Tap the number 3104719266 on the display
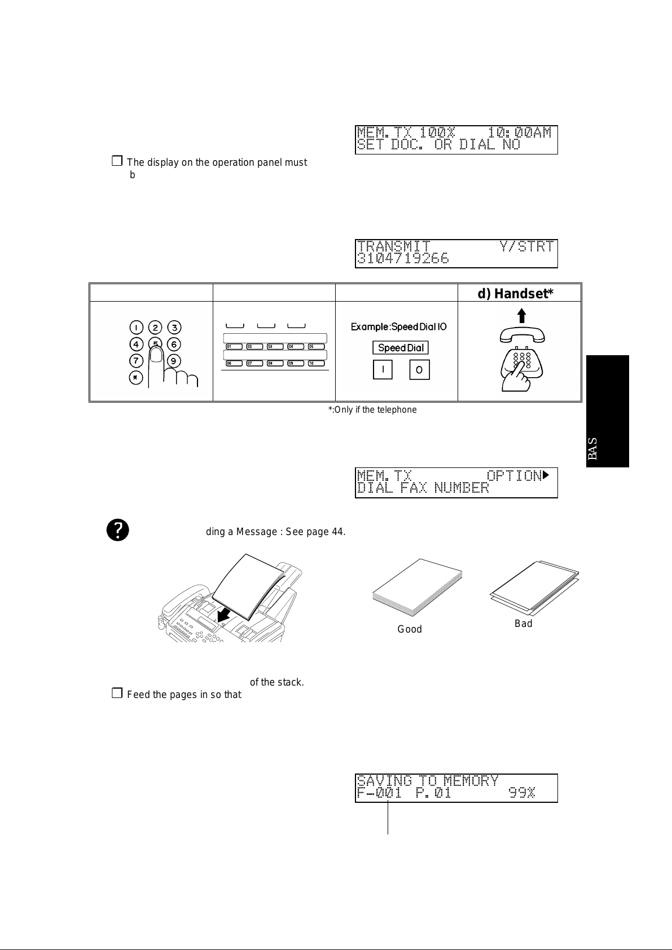click(x=403, y=259)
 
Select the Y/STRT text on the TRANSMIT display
click(x=526, y=246)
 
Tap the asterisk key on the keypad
click(x=136, y=378)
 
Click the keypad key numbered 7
click(x=136, y=360)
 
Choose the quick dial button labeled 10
click(x=311, y=364)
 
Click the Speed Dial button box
click(x=400, y=348)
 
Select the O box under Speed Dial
click(x=419, y=370)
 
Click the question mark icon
click(x=118, y=531)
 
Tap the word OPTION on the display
click(x=513, y=476)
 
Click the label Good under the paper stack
click(x=410, y=629)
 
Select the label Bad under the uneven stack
click(x=523, y=624)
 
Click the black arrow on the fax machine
click(x=224, y=618)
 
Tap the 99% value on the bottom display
click(x=521, y=793)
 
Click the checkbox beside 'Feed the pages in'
click(x=117, y=694)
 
